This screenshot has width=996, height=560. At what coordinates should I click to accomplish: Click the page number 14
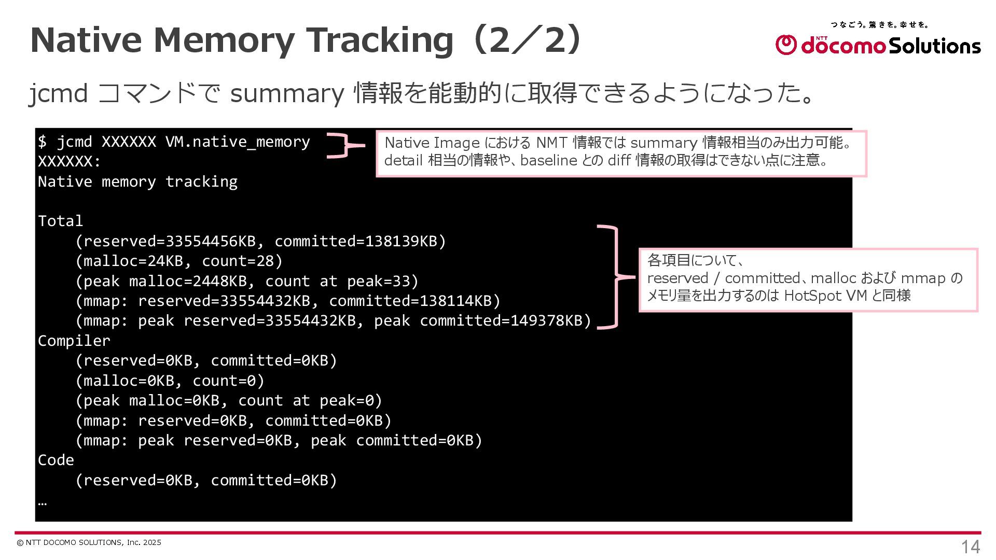pos(970,547)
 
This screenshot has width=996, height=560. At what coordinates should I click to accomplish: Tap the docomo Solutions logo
pos(878,45)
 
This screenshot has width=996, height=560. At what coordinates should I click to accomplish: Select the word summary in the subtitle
pos(287,93)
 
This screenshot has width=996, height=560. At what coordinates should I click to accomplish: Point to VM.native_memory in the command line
pos(238,142)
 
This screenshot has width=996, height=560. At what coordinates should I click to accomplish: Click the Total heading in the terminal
pos(60,221)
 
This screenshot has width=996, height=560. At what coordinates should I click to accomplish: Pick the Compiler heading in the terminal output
pos(74,341)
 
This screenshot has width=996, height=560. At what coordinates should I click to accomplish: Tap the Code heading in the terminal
pos(56,460)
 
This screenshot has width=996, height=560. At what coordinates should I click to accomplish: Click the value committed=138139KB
pos(360,241)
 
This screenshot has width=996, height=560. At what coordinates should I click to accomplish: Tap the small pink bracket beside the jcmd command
pos(343,145)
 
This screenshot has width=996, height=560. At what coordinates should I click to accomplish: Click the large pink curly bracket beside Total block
pos(615,277)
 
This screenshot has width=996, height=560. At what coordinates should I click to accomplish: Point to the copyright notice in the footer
pos(89,542)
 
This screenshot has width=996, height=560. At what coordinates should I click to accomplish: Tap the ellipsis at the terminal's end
pos(43,502)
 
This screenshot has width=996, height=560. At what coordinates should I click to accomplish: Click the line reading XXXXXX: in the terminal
pos(69,162)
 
